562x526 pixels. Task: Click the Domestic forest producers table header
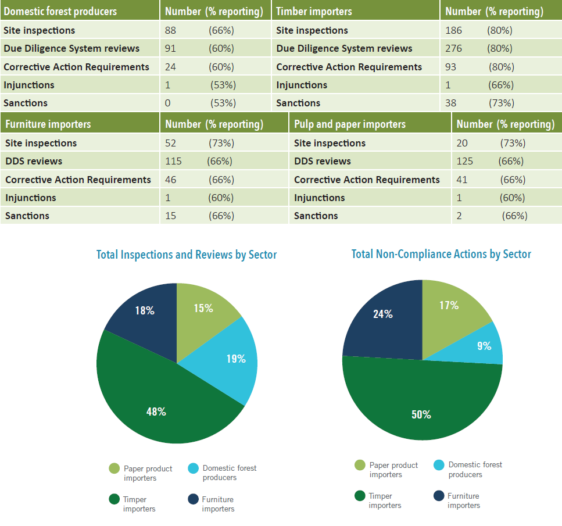(60, 12)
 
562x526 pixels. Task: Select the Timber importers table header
(314, 12)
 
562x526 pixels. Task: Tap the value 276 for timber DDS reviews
(454, 48)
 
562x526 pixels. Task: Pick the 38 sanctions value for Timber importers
(450, 103)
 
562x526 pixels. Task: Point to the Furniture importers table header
(48, 124)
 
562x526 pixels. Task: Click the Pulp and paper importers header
(350, 124)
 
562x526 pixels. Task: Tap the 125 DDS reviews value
(464, 161)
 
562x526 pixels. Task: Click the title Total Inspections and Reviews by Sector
(187, 255)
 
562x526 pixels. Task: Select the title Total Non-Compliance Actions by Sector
(441, 254)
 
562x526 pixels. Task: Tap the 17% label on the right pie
(449, 305)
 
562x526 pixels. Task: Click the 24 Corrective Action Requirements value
(170, 67)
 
